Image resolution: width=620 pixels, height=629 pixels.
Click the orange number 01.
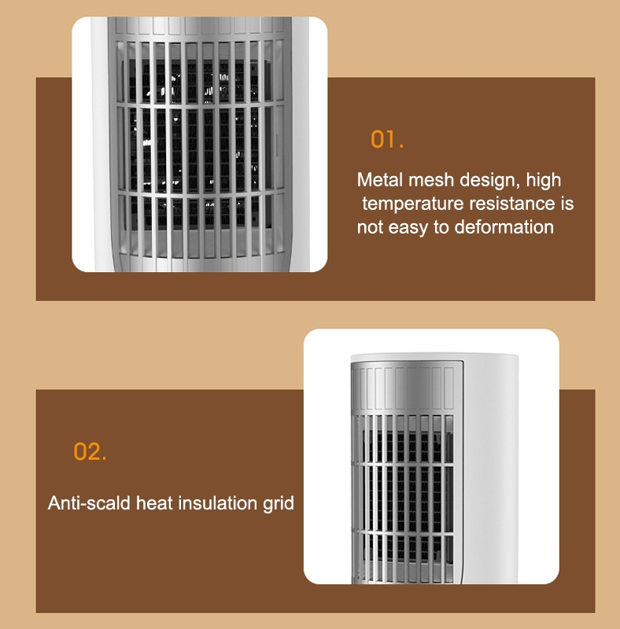click(x=386, y=139)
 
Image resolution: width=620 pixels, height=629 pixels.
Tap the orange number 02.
click(x=90, y=451)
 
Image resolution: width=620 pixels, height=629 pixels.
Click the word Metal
click(x=380, y=180)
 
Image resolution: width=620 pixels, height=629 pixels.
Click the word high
click(x=544, y=181)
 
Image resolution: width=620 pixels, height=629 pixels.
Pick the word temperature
click(x=413, y=204)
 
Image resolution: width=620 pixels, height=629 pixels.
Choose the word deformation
click(x=504, y=227)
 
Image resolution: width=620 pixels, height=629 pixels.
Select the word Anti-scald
click(x=89, y=503)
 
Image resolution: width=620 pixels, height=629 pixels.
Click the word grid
click(x=279, y=504)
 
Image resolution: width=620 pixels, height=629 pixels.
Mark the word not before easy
click(x=371, y=227)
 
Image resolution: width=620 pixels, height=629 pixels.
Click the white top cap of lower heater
click(x=434, y=357)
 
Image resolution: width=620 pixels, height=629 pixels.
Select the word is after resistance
click(x=567, y=204)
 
